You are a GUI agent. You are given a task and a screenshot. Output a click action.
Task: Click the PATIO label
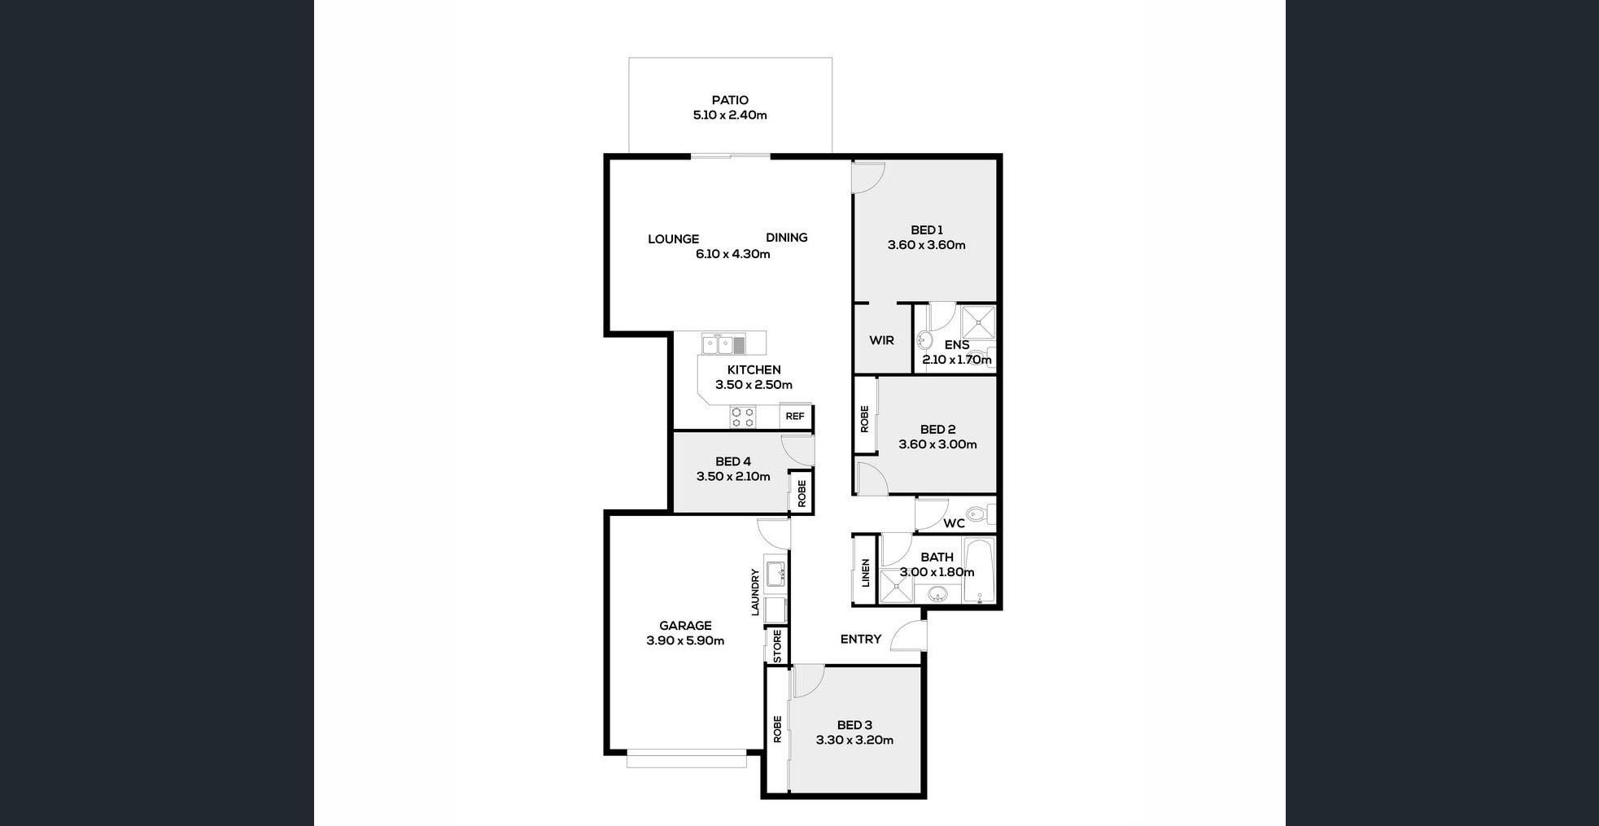pos(730,100)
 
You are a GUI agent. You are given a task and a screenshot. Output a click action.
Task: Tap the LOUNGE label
pos(673,238)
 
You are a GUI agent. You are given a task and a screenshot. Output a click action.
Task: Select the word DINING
pos(786,238)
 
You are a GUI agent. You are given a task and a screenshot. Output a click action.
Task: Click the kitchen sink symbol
pos(723,344)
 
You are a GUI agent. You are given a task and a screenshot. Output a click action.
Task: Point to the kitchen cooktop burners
pos(742,417)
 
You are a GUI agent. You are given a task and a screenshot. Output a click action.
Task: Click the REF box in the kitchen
pos(795,417)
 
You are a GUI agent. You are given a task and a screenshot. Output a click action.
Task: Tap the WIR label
pos(881,340)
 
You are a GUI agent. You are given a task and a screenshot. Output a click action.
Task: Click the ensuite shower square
pos(977,322)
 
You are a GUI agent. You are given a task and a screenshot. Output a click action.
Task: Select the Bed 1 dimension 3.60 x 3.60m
pos(926,245)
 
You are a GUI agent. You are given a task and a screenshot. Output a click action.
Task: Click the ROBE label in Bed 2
pos(864,418)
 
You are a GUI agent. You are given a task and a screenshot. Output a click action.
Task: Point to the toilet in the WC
pos(979,514)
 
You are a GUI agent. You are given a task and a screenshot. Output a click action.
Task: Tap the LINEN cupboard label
pos(865,572)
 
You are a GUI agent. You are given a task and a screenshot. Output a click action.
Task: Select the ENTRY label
pos(860,639)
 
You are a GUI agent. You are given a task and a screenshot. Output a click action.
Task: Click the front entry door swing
pos(910,637)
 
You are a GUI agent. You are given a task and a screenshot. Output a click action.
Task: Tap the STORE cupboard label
pos(777,645)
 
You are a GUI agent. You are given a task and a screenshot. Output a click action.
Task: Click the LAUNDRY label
pos(755,592)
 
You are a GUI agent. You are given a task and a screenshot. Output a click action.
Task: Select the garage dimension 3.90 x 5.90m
pos(685,640)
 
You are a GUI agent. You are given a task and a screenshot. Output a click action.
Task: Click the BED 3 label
pos(854,725)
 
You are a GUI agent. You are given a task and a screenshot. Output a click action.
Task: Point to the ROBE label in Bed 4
pos(802,492)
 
